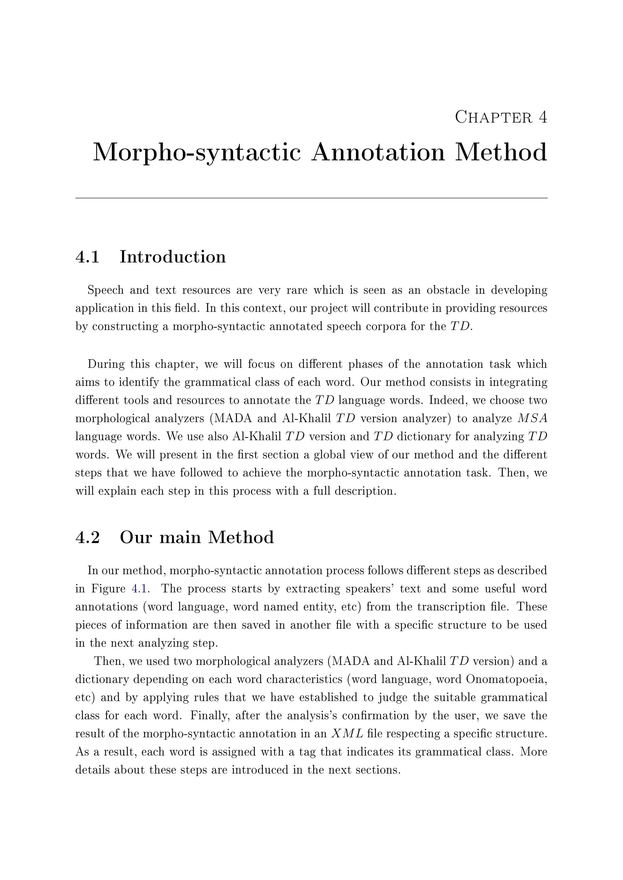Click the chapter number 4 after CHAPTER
tap(542, 117)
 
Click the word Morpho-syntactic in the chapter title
tap(197, 153)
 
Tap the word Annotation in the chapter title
tap(378, 153)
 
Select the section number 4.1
tap(88, 257)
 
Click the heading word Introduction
tap(172, 257)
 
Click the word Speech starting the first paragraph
tap(106, 290)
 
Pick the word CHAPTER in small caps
tap(494, 117)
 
